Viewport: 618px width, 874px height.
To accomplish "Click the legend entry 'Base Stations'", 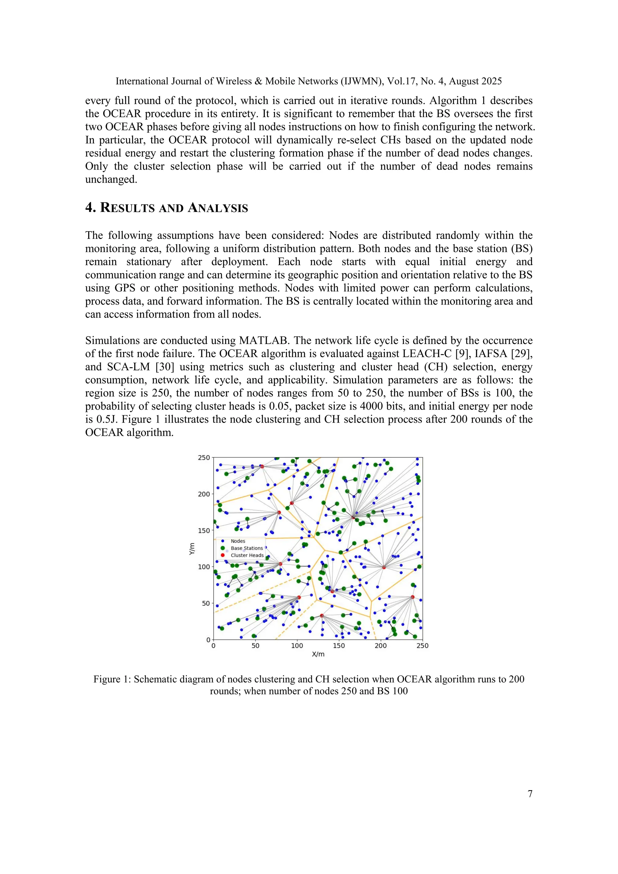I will point(247,548).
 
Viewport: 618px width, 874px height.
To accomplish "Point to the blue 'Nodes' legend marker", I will point(223,541).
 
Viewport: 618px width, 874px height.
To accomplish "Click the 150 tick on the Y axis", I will point(204,530).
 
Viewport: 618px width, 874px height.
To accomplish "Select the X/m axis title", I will point(318,654).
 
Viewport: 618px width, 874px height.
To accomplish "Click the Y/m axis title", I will point(192,549).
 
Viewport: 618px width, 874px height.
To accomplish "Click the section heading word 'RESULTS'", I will point(127,208).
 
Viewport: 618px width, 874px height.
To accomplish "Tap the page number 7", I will point(530,794).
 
